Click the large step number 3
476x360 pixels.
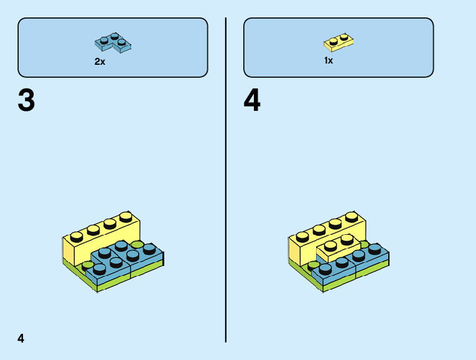(26, 101)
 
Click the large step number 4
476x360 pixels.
(252, 101)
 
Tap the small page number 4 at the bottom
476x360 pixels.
(21, 338)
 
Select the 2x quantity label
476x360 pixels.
(100, 62)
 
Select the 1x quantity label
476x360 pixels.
(329, 60)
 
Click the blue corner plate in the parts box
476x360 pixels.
(113, 43)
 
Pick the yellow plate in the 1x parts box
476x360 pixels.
(338, 42)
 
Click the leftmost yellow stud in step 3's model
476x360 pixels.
(77, 236)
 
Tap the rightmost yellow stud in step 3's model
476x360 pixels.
(126, 217)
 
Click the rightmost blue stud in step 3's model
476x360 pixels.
(149, 248)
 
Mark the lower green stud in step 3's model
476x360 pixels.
(88, 265)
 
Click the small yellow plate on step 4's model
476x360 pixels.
(336, 249)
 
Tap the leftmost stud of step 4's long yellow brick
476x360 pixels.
(302, 236)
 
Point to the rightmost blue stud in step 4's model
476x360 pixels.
(375, 248)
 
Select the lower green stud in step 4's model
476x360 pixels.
(314, 265)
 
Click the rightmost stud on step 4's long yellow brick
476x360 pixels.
(352, 217)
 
